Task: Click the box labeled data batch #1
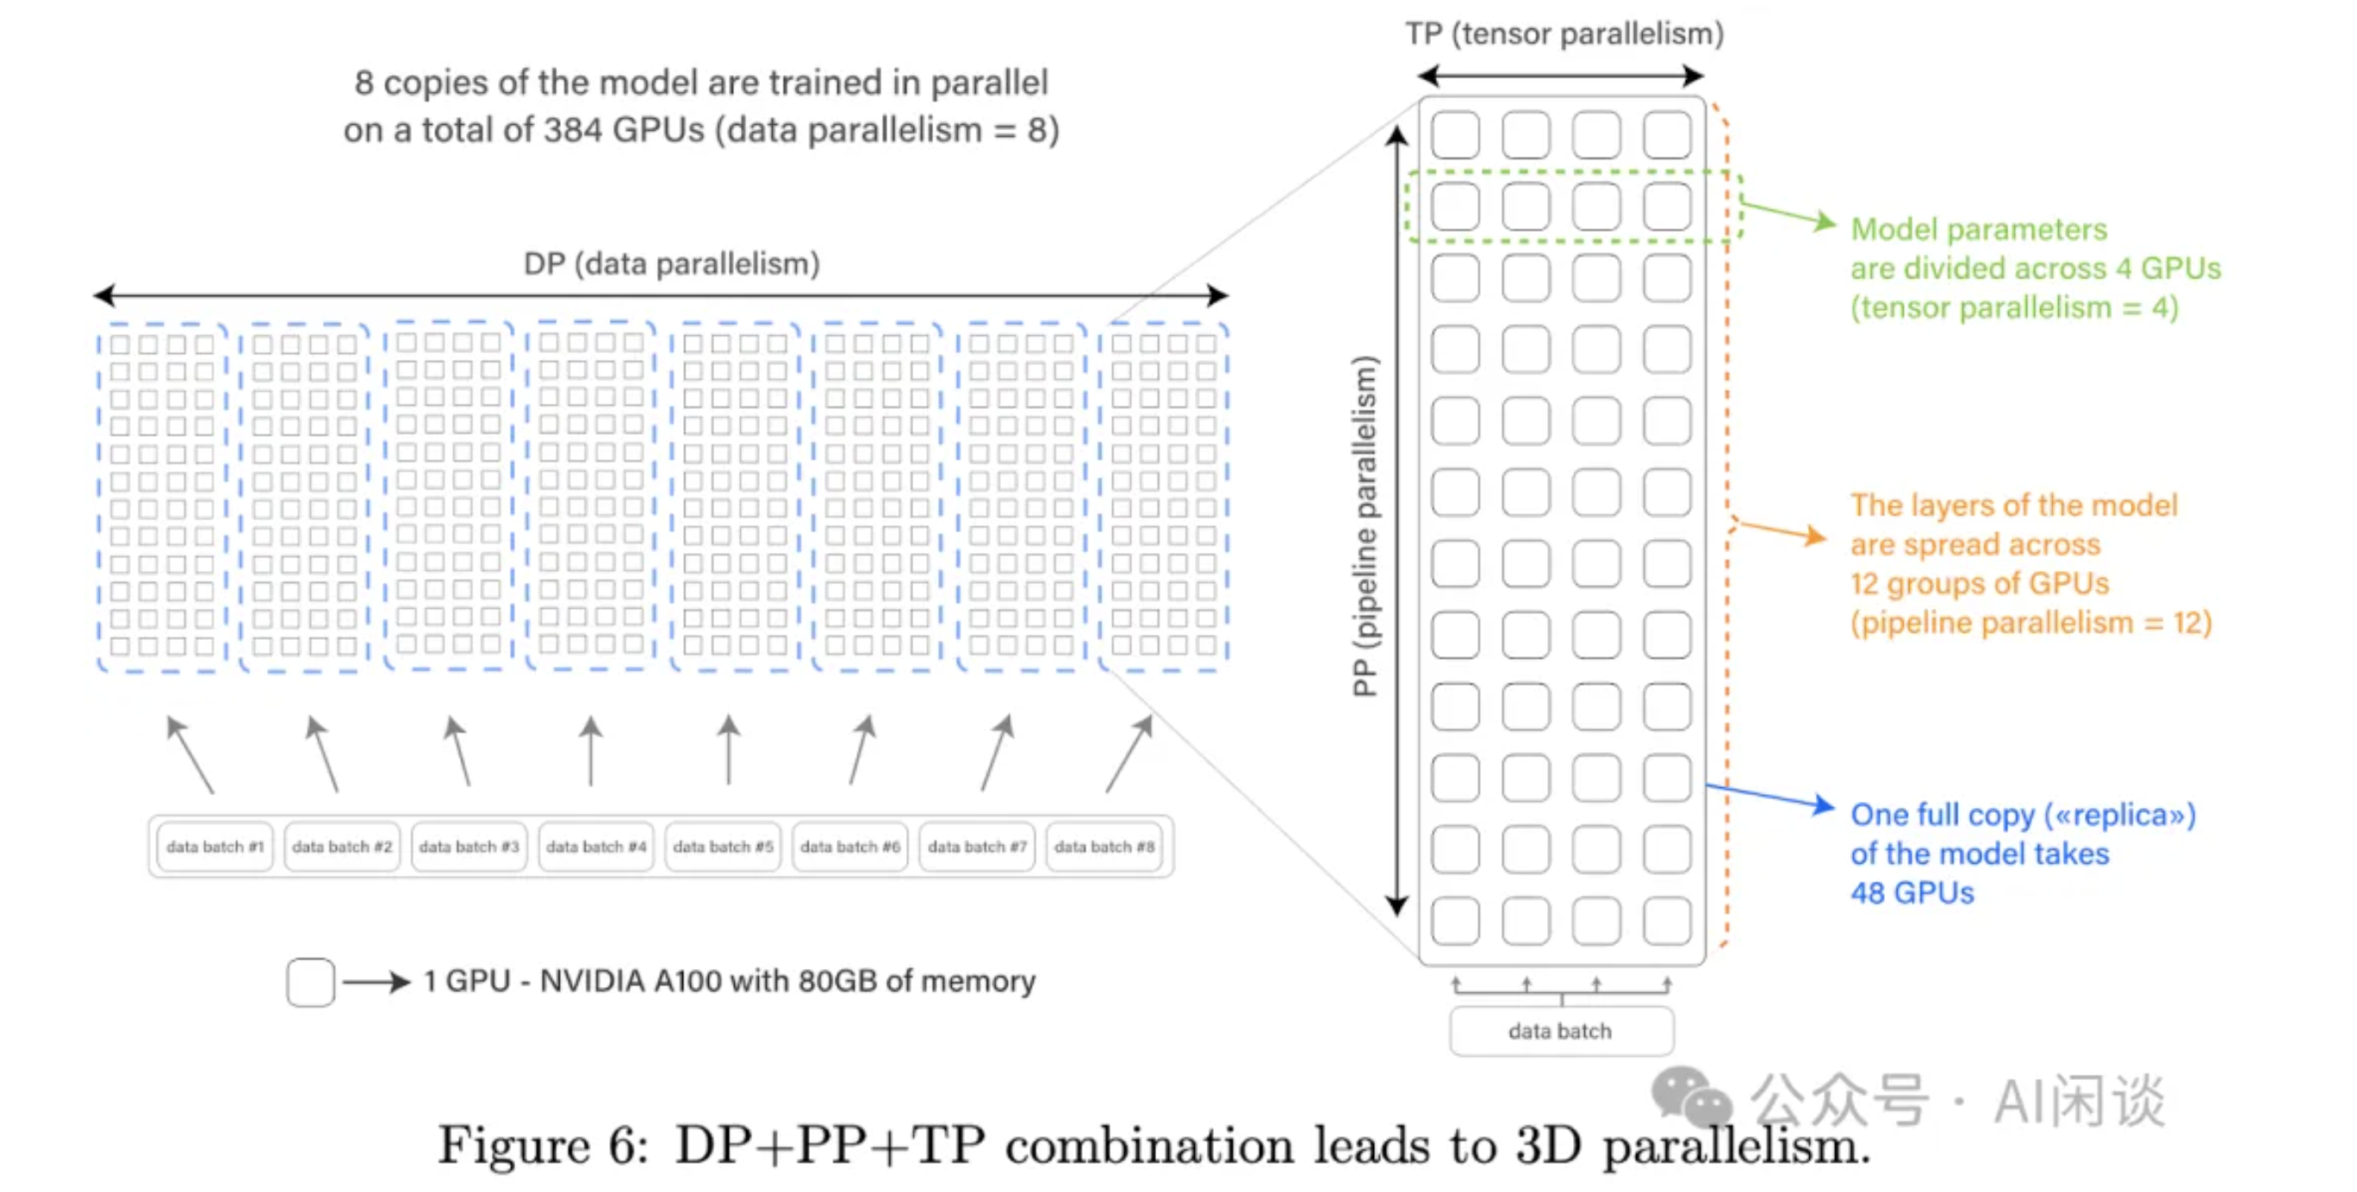pyautogui.click(x=215, y=847)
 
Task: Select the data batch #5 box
pyautogui.click(x=723, y=847)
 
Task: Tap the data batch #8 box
pyautogui.click(x=1104, y=847)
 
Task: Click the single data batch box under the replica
pyautogui.click(x=1560, y=1031)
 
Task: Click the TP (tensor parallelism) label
pyautogui.click(x=1564, y=34)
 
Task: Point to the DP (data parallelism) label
pyautogui.click(x=672, y=264)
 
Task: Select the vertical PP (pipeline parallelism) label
pyautogui.click(x=1365, y=526)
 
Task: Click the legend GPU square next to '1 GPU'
pyautogui.click(x=310, y=982)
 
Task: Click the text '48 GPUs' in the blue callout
pyautogui.click(x=1912, y=892)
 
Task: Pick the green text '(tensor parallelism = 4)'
pyautogui.click(x=2014, y=307)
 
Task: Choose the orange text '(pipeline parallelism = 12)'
pyautogui.click(x=2031, y=623)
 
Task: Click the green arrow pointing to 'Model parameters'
pyautogui.click(x=1788, y=215)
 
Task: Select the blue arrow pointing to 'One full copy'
pyautogui.click(x=1770, y=796)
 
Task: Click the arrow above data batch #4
pyautogui.click(x=591, y=750)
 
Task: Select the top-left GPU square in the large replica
pyautogui.click(x=1455, y=134)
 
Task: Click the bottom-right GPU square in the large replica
pyautogui.click(x=1666, y=921)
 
